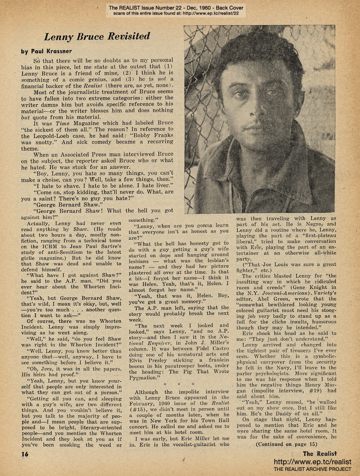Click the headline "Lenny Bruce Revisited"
click(97, 36)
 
